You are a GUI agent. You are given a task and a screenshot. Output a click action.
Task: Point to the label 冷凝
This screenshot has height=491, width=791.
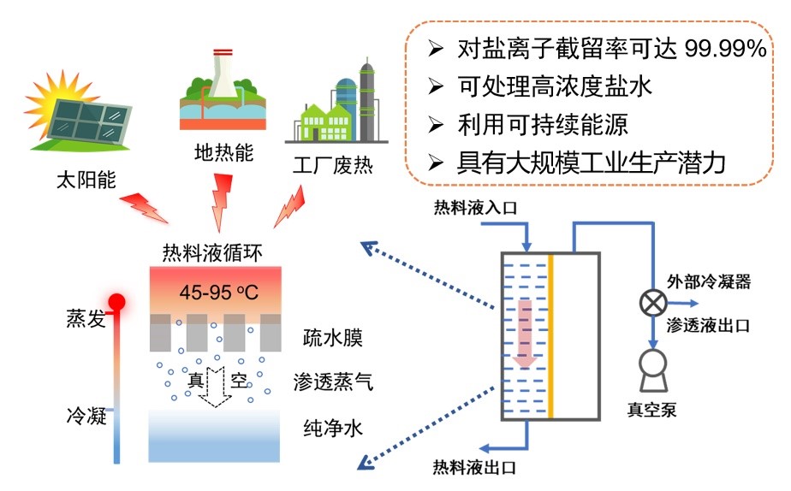[x=86, y=417]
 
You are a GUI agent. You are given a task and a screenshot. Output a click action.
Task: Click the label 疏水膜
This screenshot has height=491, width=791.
[x=333, y=337]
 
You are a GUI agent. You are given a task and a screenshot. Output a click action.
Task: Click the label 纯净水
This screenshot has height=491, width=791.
[x=333, y=427]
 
